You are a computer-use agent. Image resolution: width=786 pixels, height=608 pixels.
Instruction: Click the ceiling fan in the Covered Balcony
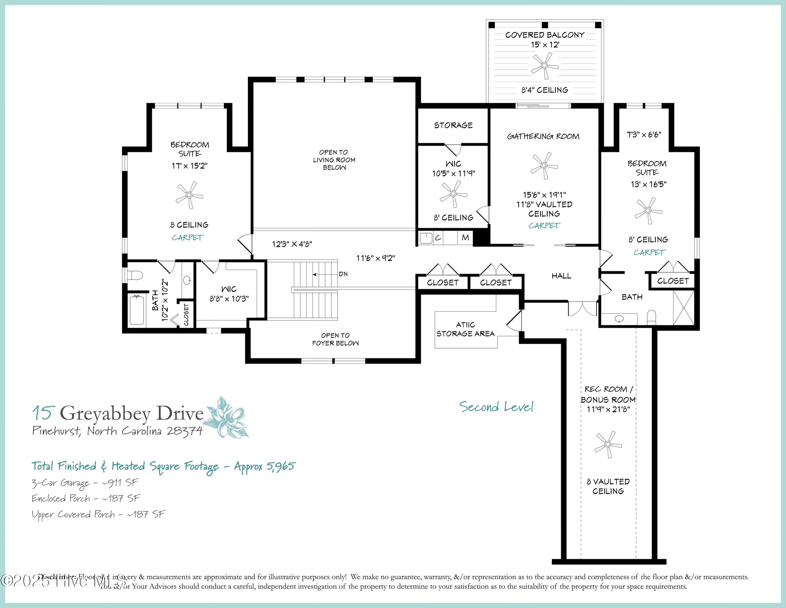pos(544,66)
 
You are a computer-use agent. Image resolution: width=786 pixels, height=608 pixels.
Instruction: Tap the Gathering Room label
pos(543,136)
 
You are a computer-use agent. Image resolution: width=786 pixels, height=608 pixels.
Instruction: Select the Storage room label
pos(453,125)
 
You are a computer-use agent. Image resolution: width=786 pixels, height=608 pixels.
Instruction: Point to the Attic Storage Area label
pos(465,329)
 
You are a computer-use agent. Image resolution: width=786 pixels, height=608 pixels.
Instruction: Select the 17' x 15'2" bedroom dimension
pos(189,166)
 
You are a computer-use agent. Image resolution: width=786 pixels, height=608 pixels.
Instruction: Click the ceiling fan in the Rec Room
pos(608,444)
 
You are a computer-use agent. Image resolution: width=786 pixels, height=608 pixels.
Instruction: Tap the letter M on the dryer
pos(465,238)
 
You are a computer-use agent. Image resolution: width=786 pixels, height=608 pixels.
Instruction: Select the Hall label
pos(561,276)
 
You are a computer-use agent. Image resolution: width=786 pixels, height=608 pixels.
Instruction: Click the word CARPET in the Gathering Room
pos(544,226)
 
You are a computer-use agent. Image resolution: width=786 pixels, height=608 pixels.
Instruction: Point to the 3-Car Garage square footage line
pos(85,483)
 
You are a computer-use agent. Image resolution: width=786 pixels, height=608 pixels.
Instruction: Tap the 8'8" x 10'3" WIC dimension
pos(229,298)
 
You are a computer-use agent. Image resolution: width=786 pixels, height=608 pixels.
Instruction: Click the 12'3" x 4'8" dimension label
pos(292,244)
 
